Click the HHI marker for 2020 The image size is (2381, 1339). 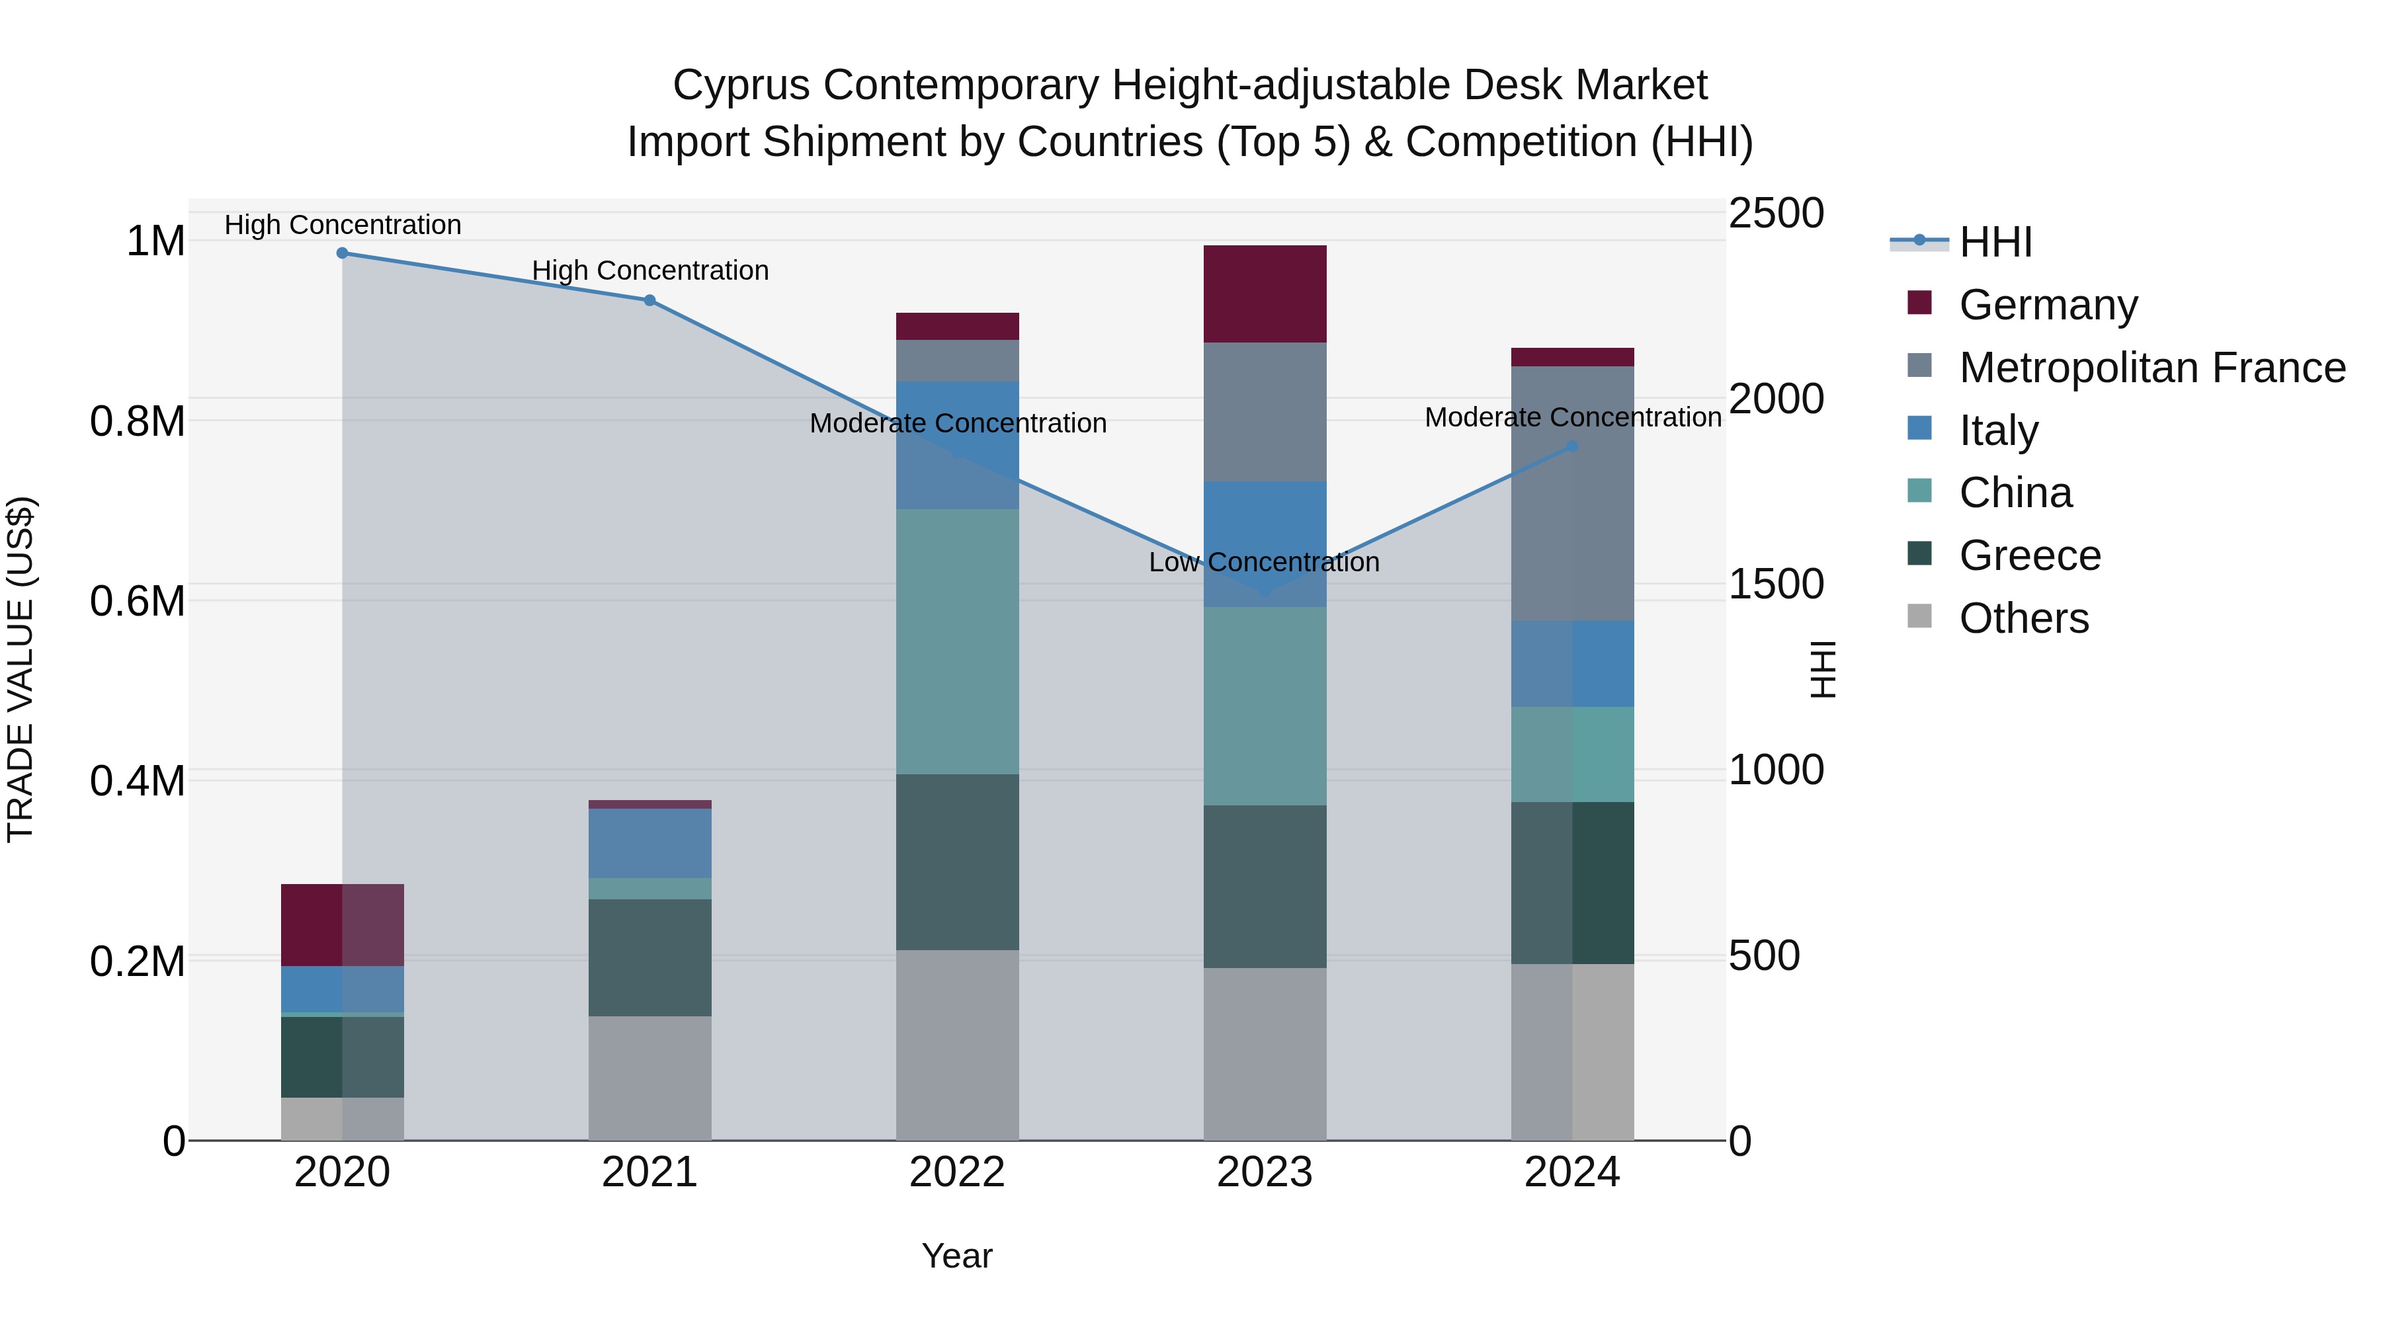(x=342, y=253)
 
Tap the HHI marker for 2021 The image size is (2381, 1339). (x=649, y=300)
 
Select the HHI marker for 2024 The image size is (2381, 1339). (x=1572, y=446)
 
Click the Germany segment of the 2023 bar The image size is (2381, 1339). (x=1265, y=294)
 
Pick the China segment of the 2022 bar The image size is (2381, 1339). (x=958, y=641)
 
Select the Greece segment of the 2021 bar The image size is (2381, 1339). (x=649, y=957)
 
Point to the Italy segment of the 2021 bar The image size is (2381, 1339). (x=649, y=843)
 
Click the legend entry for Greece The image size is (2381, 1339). (x=2030, y=555)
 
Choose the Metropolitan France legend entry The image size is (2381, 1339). (x=2151, y=368)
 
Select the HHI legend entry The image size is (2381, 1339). (x=1995, y=242)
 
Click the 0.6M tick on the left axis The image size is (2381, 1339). (x=138, y=602)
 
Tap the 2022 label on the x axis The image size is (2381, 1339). (x=958, y=1172)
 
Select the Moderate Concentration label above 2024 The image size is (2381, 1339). (x=1572, y=418)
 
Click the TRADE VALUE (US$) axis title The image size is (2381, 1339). (x=21, y=669)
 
